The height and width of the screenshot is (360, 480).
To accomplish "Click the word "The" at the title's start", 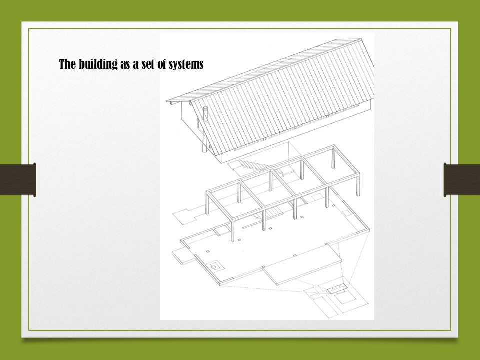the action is pos(67,64).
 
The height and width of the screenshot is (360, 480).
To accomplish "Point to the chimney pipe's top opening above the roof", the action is pos(205,108).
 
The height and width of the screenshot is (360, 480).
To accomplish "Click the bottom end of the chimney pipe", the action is pos(203,151).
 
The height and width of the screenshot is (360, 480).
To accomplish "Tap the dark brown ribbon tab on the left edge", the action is pos(18,180).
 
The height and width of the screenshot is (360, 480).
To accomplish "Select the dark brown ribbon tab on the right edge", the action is pos(462,180).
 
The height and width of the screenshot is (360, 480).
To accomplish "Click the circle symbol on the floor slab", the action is pos(214,267).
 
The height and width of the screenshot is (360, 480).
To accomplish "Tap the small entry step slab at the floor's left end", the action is pos(183,256).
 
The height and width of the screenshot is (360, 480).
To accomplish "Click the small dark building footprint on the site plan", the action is pos(336,288).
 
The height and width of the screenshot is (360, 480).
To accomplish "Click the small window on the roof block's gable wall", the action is pos(198,123).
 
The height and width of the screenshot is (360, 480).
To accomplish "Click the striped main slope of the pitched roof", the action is pos(283,98).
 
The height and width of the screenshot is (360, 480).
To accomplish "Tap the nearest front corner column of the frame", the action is pos(232,230).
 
